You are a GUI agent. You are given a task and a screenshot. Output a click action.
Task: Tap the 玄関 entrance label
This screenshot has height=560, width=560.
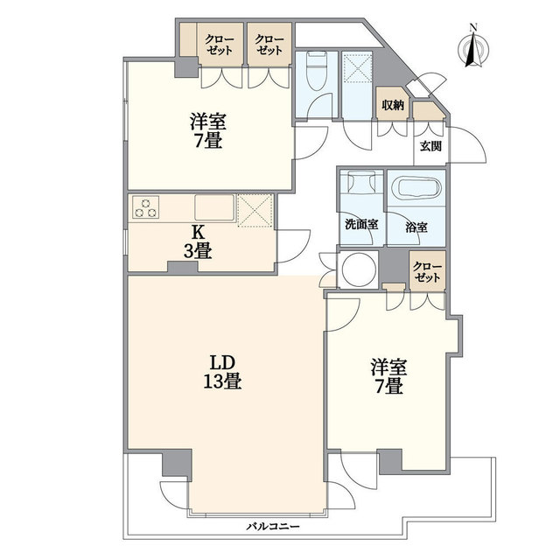pyautogui.click(x=430, y=146)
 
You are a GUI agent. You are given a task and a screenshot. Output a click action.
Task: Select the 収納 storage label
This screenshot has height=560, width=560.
pyautogui.click(x=393, y=105)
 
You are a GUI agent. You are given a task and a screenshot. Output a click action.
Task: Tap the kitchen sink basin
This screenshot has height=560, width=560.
pyautogui.click(x=214, y=207)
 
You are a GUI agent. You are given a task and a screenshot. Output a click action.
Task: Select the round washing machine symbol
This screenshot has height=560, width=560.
pyautogui.click(x=359, y=269)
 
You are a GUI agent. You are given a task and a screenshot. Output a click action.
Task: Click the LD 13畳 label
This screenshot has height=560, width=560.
pyautogui.click(x=222, y=372)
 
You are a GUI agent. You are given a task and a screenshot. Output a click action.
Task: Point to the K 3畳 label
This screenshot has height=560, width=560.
pyautogui.click(x=198, y=242)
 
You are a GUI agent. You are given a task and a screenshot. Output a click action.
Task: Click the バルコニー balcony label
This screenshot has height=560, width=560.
pyautogui.click(x=273, y=526)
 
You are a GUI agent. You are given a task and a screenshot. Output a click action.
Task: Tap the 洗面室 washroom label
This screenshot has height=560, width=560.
pyautogui.click(x=361, y=225)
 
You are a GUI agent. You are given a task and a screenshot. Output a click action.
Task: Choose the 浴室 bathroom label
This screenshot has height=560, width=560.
pyautogui.click(x=416, y=227)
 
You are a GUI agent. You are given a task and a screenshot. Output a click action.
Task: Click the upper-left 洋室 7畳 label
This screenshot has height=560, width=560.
pyautogui.click(x=208, y=130)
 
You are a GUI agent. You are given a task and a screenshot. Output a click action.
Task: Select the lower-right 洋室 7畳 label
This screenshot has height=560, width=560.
pyautogui.click(x=388, y=376)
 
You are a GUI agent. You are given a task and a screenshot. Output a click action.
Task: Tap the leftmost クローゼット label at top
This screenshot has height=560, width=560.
pyautogui.click(x=220, y=45)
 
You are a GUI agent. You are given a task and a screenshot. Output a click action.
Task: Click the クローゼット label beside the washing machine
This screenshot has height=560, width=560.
pyautogui.click(x=427, y=272)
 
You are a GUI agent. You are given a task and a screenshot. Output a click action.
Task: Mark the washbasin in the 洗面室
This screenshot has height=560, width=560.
pyautogui.click(x=361, y=181)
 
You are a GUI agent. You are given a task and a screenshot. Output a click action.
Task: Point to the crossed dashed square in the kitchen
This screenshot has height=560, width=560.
pyautogui.click(x=255, y=210)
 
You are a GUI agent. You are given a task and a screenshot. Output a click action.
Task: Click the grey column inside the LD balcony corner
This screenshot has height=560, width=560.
pyautogui.click(x=178, y=463)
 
